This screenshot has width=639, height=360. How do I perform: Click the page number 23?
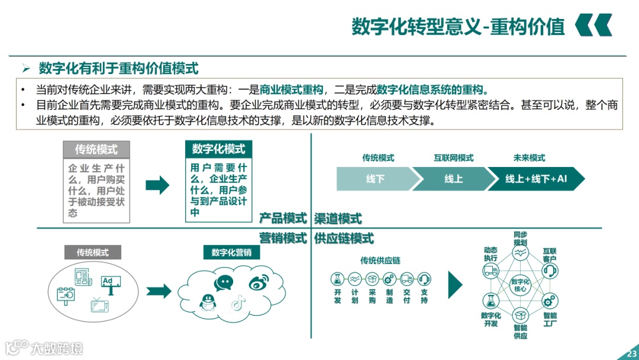click(631, 354)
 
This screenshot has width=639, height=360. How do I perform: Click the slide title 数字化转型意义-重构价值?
click(459, 27)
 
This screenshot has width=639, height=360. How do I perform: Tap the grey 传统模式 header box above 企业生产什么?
click(96, 149)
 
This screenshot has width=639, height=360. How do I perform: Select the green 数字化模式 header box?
click(218, 149)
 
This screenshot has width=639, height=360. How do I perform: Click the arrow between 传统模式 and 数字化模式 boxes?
click(157, 185)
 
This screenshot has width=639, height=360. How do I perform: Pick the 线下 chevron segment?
click(375, 179)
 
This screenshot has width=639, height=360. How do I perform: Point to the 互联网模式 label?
click(453, 158)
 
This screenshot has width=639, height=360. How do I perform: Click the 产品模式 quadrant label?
click(283, 218)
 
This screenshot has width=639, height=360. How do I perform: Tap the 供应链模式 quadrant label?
click(344, 239)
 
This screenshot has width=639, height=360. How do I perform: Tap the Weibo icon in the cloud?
click(258, 284)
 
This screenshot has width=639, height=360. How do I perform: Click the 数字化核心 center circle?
click(520, 285)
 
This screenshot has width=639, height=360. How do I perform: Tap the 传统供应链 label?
click(380, 261)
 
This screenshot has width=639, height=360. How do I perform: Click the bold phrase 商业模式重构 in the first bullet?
click(291, 90)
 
